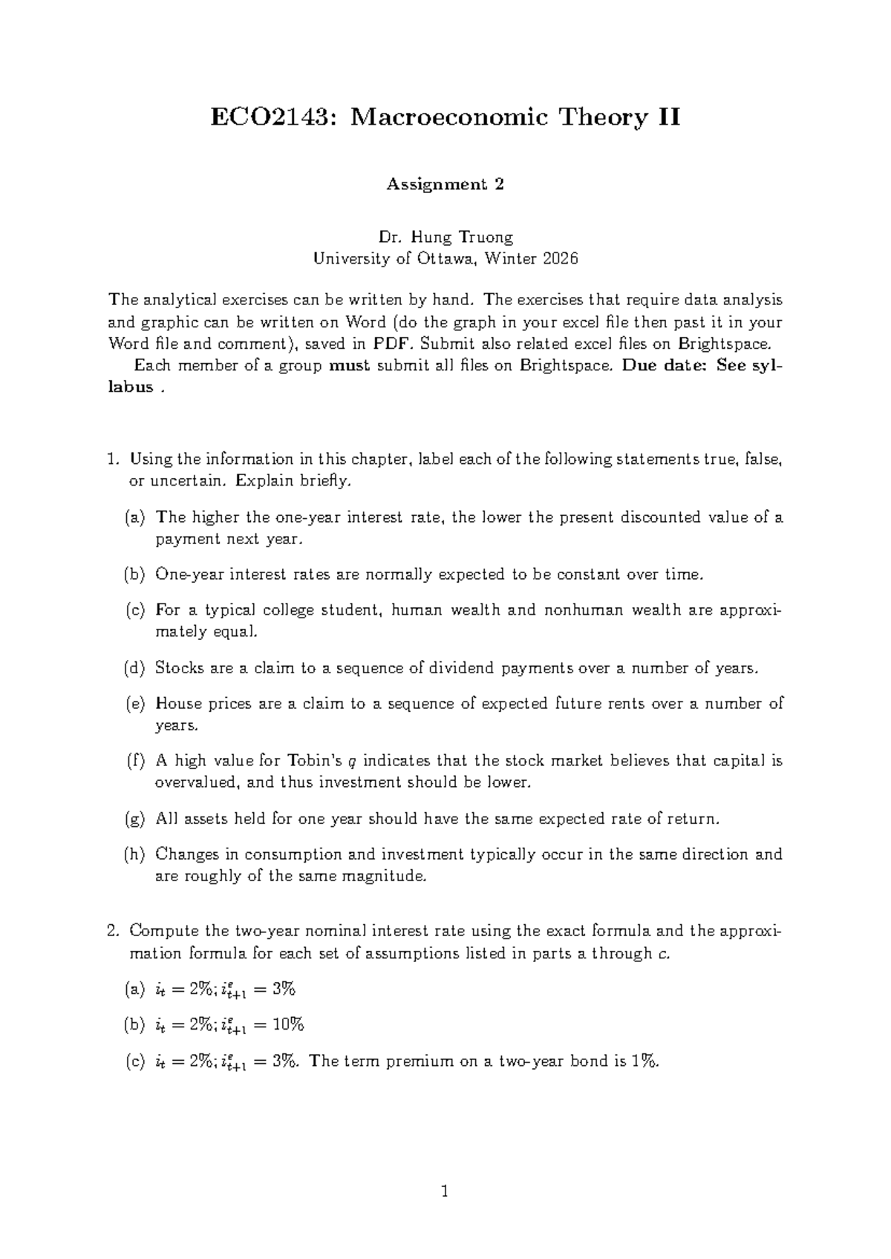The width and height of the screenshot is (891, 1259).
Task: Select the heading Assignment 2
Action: point(445,185)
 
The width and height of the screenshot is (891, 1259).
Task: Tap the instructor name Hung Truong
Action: point(467,238)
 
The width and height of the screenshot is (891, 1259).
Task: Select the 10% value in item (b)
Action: point(289,1025)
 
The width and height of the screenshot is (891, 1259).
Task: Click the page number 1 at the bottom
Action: point(445,1193)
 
